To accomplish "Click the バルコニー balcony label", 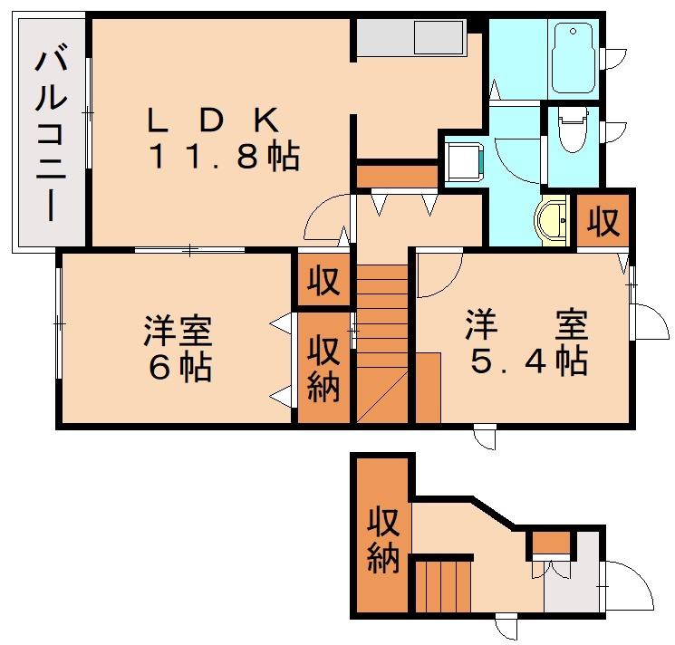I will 49,135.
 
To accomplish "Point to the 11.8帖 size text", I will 222,158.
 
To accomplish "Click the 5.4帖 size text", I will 527,361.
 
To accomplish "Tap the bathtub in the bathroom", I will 572,58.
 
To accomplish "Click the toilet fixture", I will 572,131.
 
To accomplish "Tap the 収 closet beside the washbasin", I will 602,220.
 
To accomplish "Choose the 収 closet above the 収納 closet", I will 323,282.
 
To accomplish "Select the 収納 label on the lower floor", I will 382,542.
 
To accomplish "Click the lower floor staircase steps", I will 443,586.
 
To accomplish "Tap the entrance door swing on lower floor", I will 630,587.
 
